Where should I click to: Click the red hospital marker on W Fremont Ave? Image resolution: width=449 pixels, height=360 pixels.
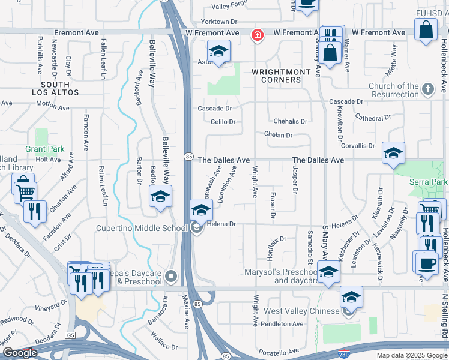[x=258, y=36]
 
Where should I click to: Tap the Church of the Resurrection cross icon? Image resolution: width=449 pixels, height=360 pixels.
[x=427, y=90]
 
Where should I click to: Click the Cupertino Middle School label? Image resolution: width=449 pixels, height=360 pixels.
[x=142, y=228]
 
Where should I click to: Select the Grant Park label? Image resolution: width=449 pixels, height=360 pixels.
[x=40, y=148]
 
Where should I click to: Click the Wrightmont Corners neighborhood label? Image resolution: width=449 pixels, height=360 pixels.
[x=276, y=76]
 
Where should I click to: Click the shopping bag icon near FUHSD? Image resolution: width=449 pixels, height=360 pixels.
[x=426, y=29]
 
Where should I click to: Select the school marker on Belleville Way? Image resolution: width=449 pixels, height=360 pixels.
[x=160, y=197]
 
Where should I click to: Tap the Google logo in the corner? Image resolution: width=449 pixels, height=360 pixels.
[x=20, y=353]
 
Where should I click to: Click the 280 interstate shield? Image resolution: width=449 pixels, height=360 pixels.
[x=343, y=354]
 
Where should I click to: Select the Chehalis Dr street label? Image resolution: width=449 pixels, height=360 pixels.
[x=290, y=121]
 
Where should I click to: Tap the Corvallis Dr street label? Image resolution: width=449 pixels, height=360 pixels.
[x=358, y=146]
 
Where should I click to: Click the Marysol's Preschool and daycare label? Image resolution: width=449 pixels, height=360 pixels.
[x=280, y=276]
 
